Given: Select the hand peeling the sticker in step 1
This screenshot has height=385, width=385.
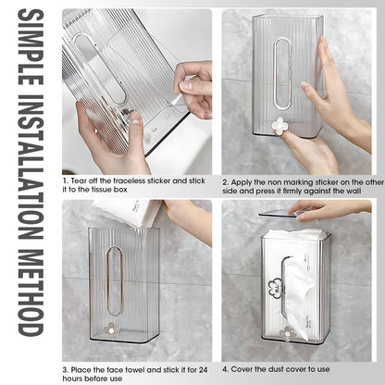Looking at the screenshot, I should [194, 88].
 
